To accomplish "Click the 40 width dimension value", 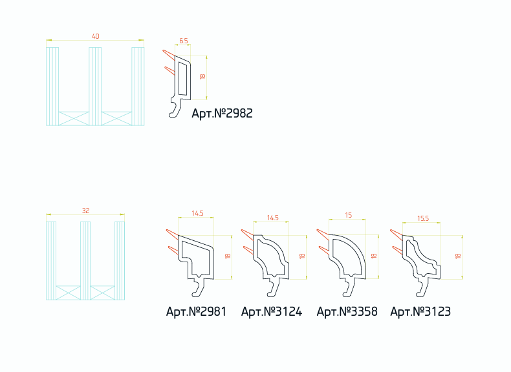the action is pos(96,36).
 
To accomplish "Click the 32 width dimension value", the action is pos(86,211).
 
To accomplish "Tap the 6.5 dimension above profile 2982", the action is pos(184,41).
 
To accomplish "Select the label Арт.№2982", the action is pos(223,113).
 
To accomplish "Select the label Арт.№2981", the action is pos(196,311).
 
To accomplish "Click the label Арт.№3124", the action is pos(272,311).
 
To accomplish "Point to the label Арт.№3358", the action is pos(347,311).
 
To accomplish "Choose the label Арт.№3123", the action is pos(420,311).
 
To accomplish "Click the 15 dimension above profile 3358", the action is pos(349,215).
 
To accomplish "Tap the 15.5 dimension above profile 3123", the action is pos(423,218).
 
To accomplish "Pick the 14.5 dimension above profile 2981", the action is pos(197,213).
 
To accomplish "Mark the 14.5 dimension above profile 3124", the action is pos(273,218).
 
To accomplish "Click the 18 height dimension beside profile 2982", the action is pos(202,76).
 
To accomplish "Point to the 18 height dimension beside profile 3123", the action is pos(458,256).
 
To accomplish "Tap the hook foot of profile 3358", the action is pos(349,288).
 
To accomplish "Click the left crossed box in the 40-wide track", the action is pos(74,118).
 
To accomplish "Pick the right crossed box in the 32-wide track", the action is pos(102,293).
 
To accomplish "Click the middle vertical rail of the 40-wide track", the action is pos(95,87).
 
